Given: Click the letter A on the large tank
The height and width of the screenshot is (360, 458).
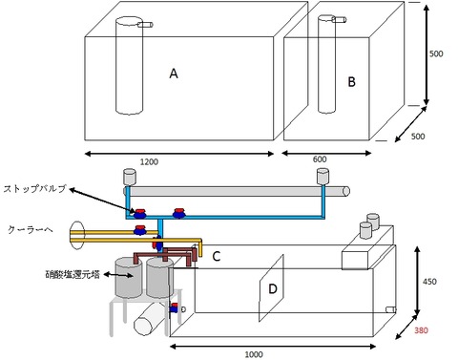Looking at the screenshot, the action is point(174,74).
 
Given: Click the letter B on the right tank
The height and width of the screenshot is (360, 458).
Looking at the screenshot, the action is point(351,82).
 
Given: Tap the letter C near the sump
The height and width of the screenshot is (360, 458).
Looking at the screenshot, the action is point(217,256).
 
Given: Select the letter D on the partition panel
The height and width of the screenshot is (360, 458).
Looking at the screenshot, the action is point(273,289).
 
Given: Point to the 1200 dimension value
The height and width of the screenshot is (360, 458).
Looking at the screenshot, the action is point(149,161).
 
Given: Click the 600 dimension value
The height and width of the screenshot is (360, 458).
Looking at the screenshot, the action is point(320,159).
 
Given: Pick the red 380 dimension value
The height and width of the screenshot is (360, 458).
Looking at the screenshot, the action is point(421,330).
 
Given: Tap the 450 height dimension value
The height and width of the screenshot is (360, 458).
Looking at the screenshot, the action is point(429,282).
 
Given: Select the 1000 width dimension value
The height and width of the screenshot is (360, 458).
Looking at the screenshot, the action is point(254,354).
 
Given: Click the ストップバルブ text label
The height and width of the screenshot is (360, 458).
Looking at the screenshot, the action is point(35,189).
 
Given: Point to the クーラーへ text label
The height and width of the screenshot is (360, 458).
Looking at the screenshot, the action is point(31,230).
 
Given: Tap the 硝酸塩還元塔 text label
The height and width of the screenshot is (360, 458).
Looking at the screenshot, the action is point(73,274).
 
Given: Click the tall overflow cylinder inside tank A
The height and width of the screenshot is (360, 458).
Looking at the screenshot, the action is point(129,66).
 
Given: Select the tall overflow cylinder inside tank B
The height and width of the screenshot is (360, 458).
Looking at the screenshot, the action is point(326,64).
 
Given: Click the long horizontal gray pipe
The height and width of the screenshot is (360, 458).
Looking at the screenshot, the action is point(237,191).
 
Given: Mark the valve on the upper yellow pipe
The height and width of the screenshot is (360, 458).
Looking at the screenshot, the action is point(140,230).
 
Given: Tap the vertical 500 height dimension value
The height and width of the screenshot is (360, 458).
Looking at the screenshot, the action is point(436,53).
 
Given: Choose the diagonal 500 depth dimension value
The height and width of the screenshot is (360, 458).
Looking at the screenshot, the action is point(418,137).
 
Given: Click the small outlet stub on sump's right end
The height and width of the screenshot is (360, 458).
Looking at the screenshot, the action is point(391,309).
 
